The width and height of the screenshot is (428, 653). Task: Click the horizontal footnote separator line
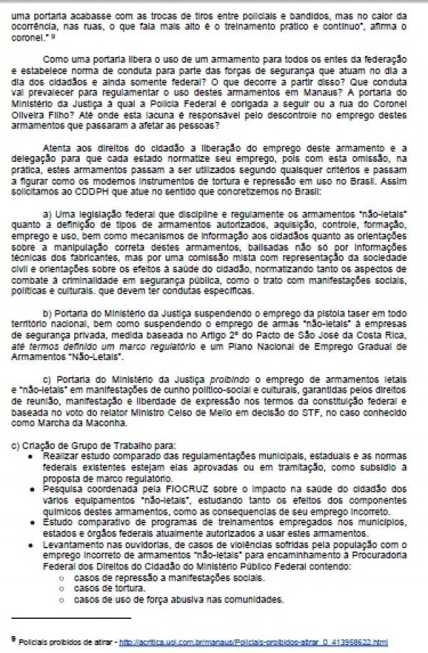pyautogui.click(x=71, y=618)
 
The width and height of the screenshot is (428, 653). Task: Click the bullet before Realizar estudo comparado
pyautogui.click(x=34, y=453)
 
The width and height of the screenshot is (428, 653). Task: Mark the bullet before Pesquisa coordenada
pyautogui.click(x=34, y=490)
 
